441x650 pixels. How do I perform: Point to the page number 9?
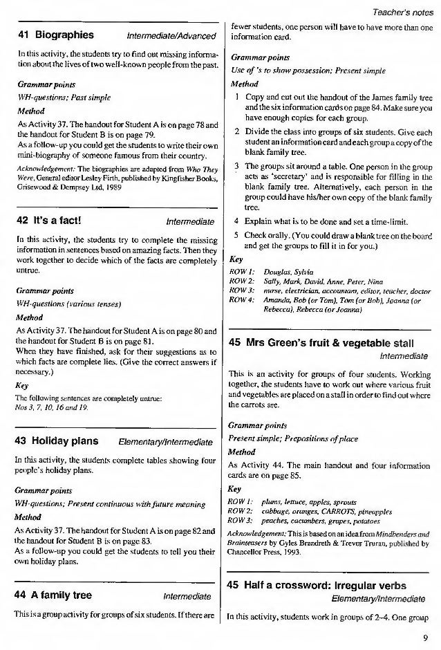[x=425, y=638]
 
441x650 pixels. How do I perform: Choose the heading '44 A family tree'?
[x=54, y=595]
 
